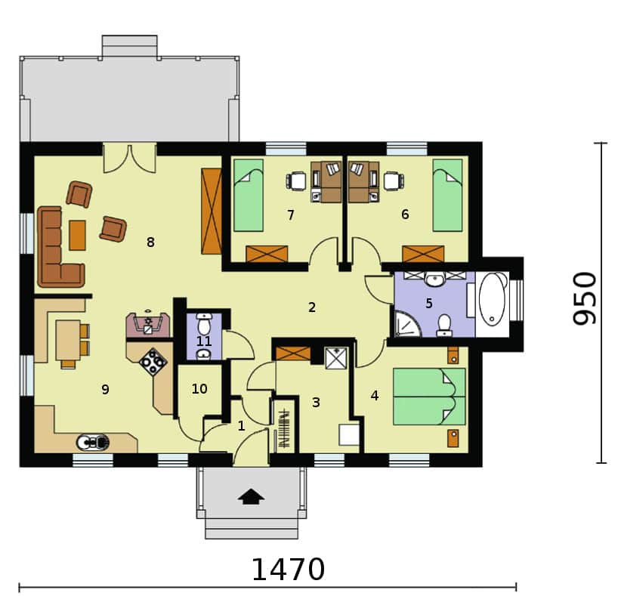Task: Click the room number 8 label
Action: (x=150, y=242)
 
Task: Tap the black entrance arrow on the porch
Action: (x=251, y=496)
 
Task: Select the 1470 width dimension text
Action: (x=288, y=570)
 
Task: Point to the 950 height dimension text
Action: (x=585, y=298)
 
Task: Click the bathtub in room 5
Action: (x=493, y=299)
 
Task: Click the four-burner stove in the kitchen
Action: (x=153, y=362)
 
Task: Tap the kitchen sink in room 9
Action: (x=93, y=442)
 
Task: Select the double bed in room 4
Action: (x=429, y=397)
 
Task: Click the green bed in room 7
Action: (x=249, y=195)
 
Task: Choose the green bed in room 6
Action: (x=447, y=195)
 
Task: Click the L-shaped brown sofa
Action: (x=59, y=247)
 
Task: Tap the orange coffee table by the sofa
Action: (x=77, y=236)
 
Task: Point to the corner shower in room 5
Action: (x=406, y=324)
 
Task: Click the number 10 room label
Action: (x=199, y=389)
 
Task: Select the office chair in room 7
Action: (x=295, y=181)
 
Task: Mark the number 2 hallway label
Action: (x=312, y=307)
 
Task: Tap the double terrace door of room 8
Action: (x=130, y=159)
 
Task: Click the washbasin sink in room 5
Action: (x=434, y=279)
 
